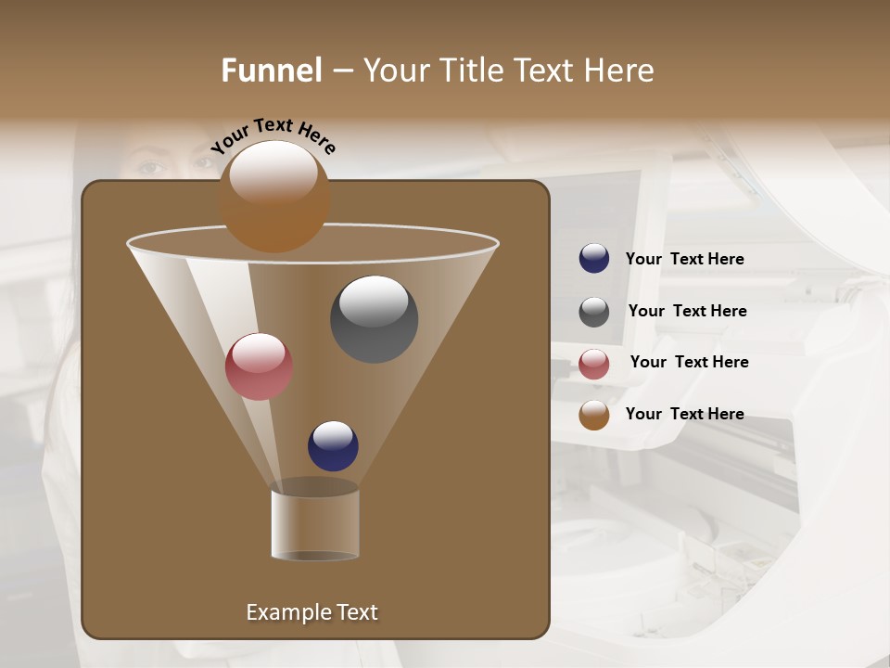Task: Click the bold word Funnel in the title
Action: (272, 71)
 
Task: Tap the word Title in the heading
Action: (471, 71)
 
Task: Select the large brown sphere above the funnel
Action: (274, 197)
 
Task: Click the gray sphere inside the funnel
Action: (374, 319)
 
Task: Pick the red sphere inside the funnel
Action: (259, 366)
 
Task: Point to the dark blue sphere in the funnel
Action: (333, 445)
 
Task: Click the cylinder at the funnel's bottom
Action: (315, 524)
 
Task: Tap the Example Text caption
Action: (311, 612)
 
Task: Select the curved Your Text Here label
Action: (273, 135)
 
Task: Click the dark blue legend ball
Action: (594, 259)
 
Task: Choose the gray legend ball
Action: (594, 312)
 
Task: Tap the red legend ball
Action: (594, 364)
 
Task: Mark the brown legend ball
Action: (594, 415)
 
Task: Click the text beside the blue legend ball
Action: (684, 259)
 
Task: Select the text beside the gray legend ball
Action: (687, 311)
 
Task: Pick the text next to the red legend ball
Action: (689, 362)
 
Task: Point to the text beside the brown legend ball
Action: (684, 414)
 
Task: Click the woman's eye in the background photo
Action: (151, 167)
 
